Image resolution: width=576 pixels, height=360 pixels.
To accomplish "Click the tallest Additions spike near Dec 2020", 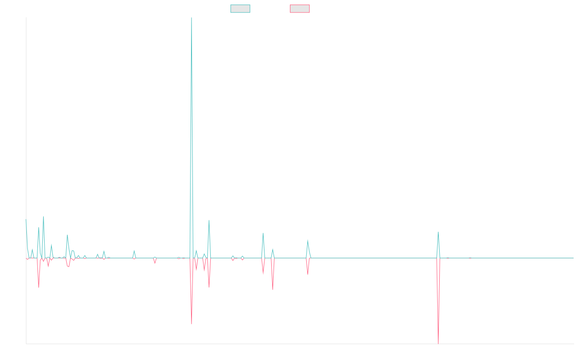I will [192, 19].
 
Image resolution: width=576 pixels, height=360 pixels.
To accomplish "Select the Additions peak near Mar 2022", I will [308, 240].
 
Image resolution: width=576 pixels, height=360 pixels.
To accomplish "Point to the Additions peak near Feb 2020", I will [134, 251].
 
